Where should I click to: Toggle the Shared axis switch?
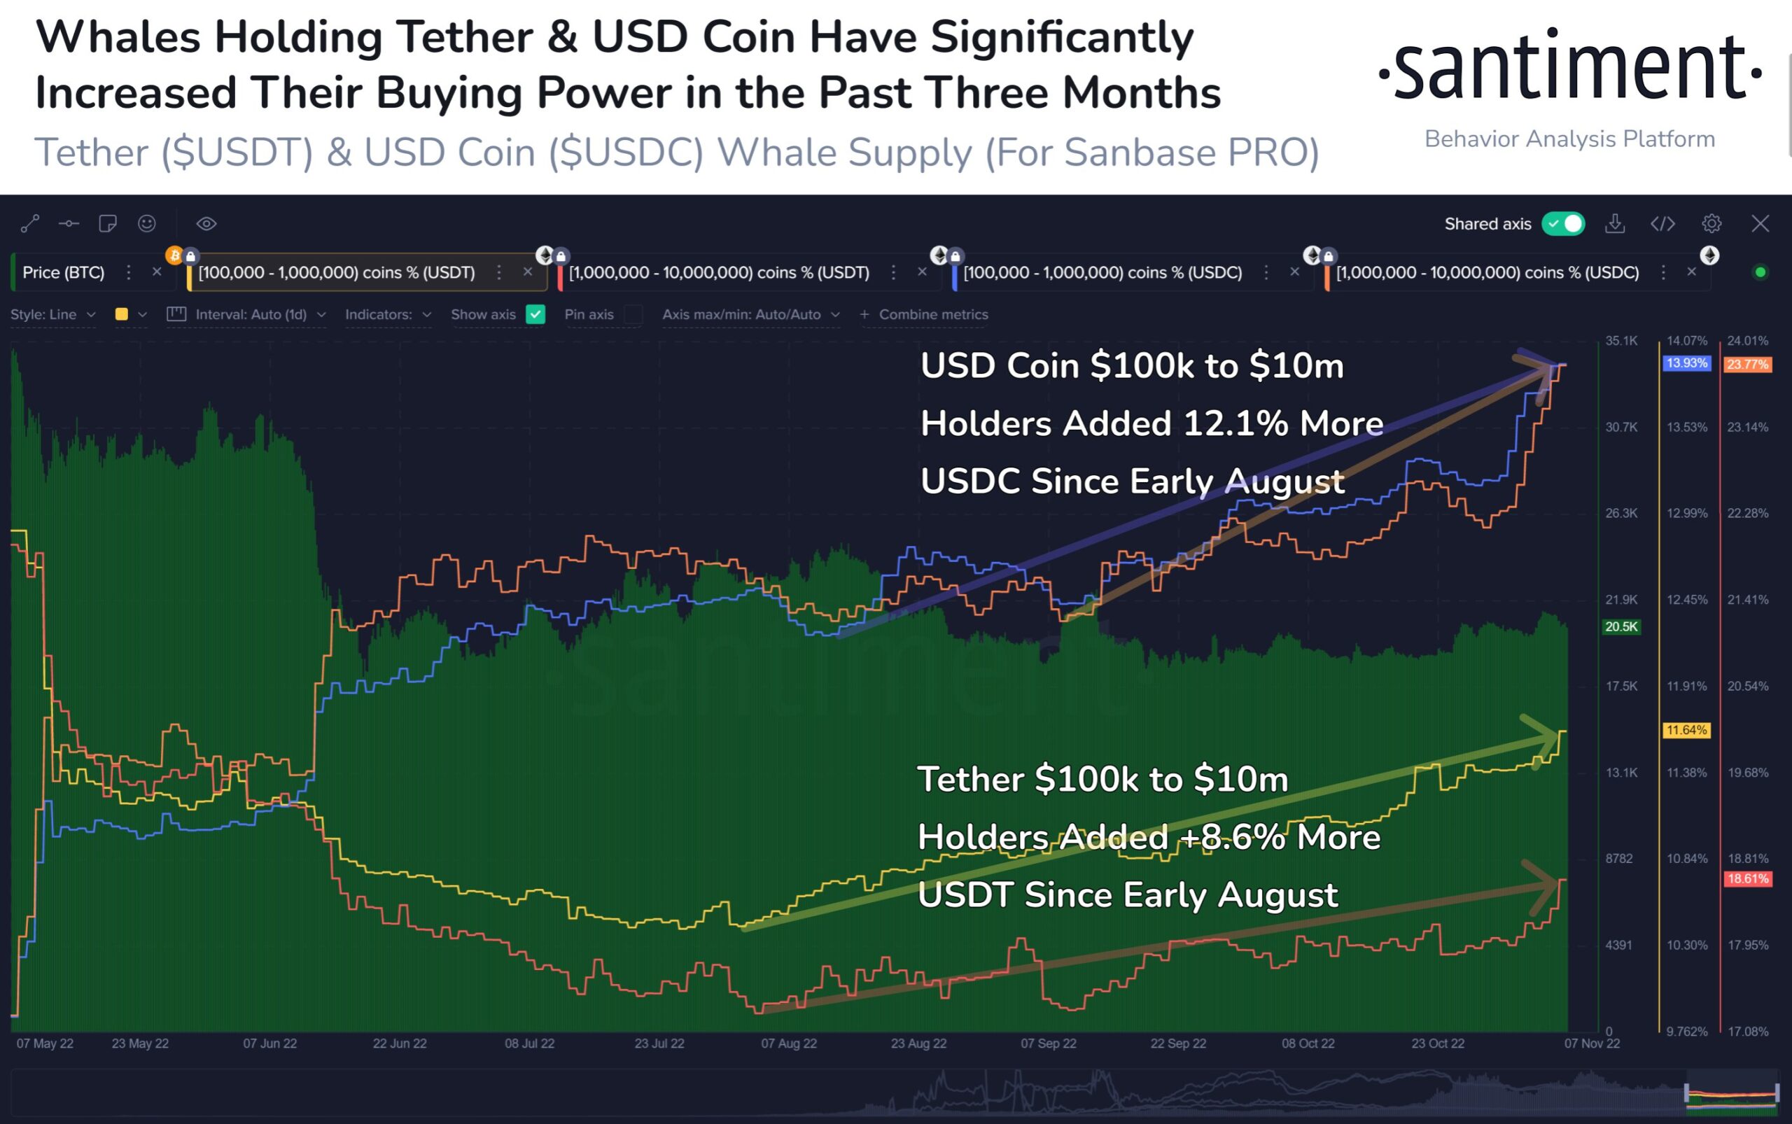point(1563,224)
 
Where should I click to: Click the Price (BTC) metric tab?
point(63,273)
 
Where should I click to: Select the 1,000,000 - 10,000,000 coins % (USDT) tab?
point(718,273)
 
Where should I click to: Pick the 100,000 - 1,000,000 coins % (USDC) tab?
point(1102,273)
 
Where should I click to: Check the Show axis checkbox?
point(535,314)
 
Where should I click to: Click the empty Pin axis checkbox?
point(633,314)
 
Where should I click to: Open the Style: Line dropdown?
point(52,314)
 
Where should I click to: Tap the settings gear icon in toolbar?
point(1711,224)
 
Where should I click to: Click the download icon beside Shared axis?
point(1614,224)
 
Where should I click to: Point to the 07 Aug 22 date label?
point(788,1044)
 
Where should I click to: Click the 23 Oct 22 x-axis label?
point(1437,1044)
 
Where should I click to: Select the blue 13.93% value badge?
point(1686,363)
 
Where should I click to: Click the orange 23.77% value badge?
point(1747,364)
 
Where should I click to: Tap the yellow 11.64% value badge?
point(1686,730)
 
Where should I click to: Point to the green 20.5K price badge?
point(1621,626)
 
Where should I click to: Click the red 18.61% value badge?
point(1747,878)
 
